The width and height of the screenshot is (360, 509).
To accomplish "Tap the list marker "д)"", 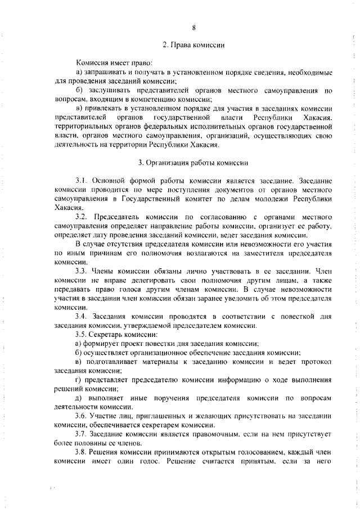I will pos(79,398).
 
